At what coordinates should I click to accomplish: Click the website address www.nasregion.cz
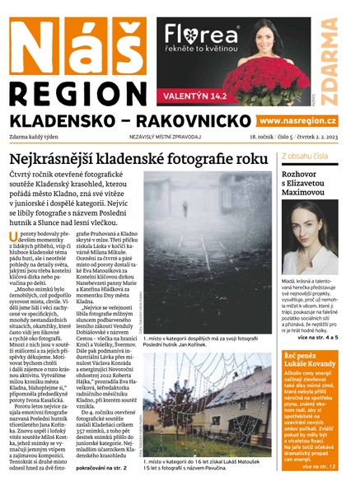coord(291,121)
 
